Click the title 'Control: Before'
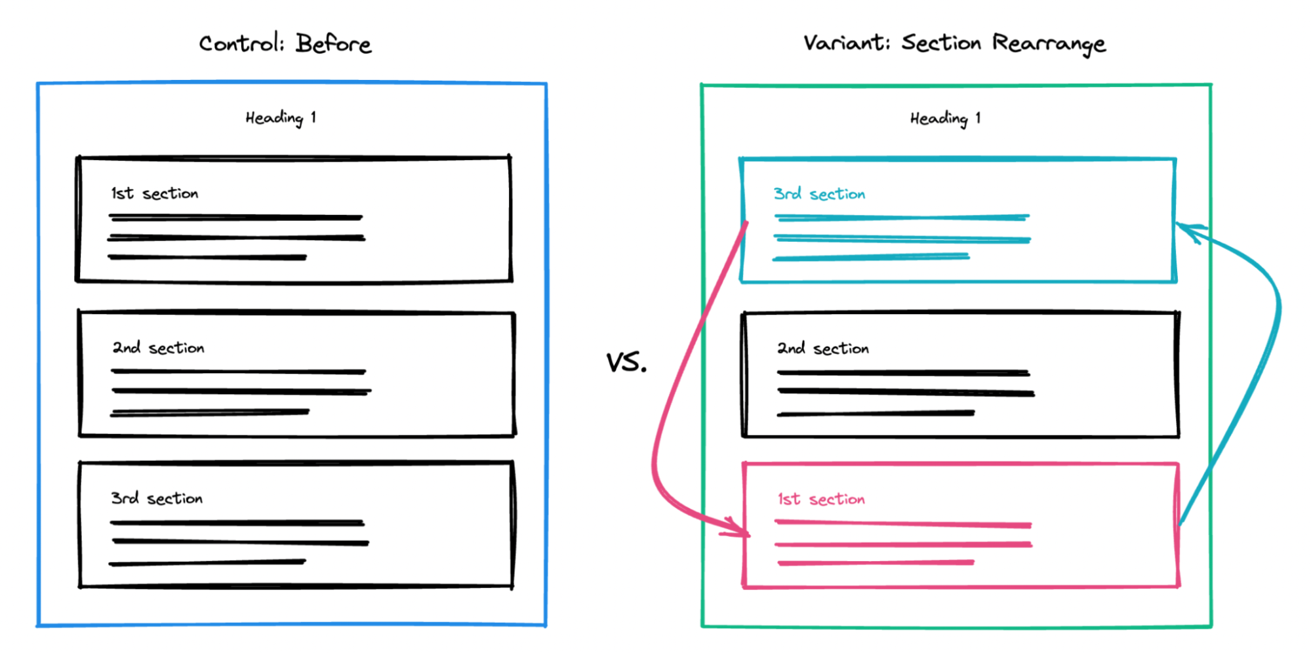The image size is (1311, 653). click(285, 44)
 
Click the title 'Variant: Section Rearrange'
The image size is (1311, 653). click(954, 43)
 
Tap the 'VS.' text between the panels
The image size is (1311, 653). click(626, 362)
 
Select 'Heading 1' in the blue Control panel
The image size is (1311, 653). click(281, 118)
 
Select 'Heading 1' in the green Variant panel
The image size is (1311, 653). click(945, 119)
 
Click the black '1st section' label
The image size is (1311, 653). click(154, 193)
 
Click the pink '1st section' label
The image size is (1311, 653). click(821, 500)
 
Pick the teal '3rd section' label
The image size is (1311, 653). click(819, 194)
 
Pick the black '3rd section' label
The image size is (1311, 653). click(157, 498)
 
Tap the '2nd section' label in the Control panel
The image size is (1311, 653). click(158, 347)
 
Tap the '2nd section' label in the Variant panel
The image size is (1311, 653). click(823, 349)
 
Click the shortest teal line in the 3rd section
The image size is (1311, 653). click(871, 258)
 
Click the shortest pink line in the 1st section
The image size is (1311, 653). click(876, 563)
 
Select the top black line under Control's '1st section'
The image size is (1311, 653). click(236, 217)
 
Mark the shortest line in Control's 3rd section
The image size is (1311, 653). click(207, 563)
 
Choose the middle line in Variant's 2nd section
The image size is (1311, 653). click(905, 392)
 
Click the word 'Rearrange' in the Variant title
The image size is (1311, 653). click(1048, 43)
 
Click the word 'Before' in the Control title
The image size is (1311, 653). click(333, 44)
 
